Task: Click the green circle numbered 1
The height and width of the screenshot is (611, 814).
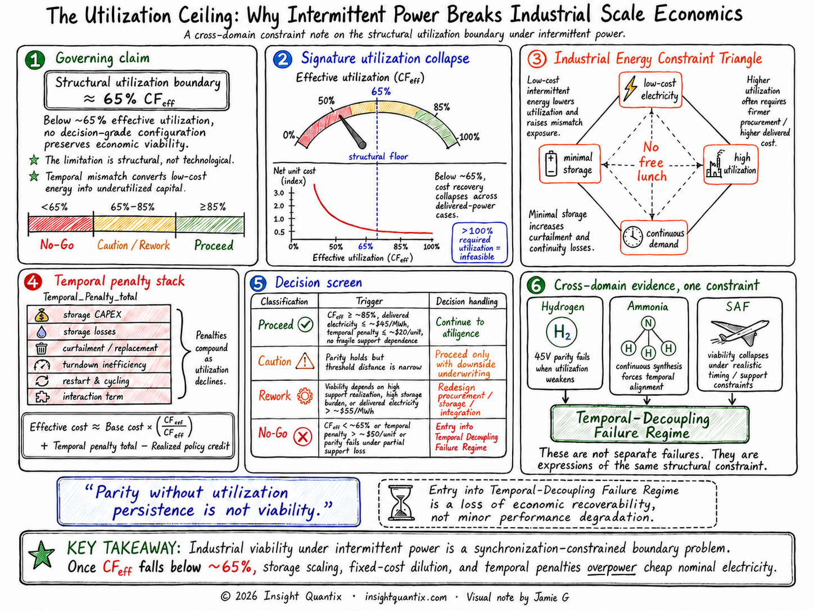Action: [x=35, y=60]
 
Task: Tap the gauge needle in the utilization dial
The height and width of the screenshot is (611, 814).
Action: [x=352, y=132]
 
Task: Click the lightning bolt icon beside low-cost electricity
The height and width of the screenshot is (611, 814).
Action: [x=630, y=89]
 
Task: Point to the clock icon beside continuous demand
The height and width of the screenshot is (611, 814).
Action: [x=633, y=236]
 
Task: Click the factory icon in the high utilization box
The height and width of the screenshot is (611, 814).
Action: [x=714, y=165]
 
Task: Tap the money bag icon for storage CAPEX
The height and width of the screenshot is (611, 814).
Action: [x=41, y=315]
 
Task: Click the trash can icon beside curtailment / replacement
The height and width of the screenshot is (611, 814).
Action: [x=41, y=348]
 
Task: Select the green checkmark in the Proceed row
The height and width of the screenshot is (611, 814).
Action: [x=306, y=325]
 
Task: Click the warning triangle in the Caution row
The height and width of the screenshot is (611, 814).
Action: [x=305, y=361]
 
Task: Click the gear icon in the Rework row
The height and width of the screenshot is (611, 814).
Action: [x=305, y=396]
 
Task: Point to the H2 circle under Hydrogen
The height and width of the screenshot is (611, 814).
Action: [x=562, y=332]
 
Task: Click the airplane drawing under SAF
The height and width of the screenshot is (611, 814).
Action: [x=739, y=332]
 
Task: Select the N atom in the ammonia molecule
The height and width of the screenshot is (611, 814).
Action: [x=648, y=323]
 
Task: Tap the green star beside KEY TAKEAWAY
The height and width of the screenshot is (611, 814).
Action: [x=42, y=555]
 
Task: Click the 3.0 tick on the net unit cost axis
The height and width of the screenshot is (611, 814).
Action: [x=292, y=193]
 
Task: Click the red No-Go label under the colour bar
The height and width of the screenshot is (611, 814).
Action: [x=57, y=245]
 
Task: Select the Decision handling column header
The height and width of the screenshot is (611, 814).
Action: [x=467, y=301]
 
